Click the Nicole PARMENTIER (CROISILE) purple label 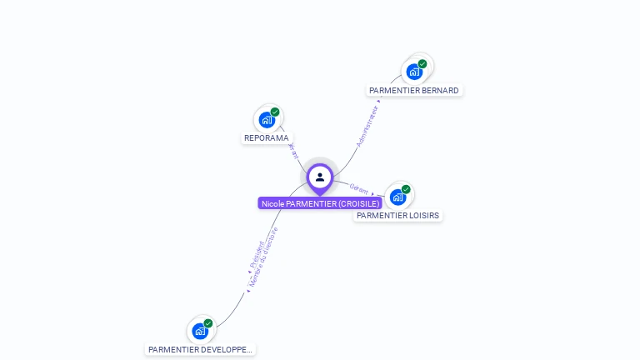[320, 203]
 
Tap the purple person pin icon [320, 177]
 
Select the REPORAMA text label [267, 138]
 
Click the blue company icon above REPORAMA [267, 120]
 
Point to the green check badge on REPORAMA [275, 112]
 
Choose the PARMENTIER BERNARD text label [414, 90]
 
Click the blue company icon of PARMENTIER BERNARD [414, 72]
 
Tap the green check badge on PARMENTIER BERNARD [422, 63]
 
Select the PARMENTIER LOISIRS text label [397, 215]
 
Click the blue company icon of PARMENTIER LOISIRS [397, 197]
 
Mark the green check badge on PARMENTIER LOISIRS [406, 189]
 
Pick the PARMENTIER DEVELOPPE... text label [200, 350]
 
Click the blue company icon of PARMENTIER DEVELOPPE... [200, 332]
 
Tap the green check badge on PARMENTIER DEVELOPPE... [208, 323]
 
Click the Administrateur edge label [367, 127]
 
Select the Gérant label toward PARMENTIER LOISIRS [359, 188]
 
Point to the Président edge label [257, 252]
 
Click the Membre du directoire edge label [263, 257]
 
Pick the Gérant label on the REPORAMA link [292, 151]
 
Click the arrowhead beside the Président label [249, 272]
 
